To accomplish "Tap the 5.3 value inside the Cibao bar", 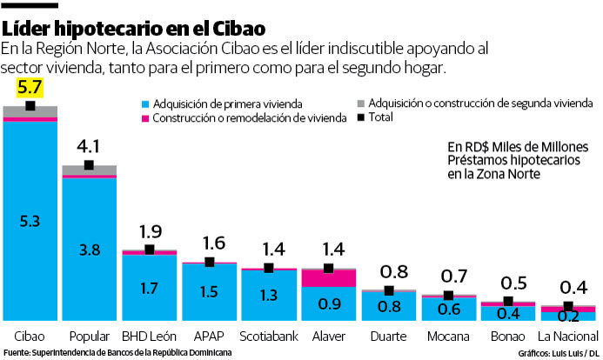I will pos(30,222).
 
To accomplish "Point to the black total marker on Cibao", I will pos(30,106).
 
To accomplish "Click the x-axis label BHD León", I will pos(149,336).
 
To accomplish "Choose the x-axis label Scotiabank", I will pos(269,336).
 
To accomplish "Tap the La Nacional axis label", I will pos(567,336).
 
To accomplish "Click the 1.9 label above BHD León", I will pos(150,231).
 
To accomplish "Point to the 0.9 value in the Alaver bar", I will pos(329,304).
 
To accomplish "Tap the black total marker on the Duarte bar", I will pos(389,290).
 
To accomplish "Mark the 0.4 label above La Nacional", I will pos(568,288).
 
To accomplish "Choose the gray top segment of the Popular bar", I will pos(90,170).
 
